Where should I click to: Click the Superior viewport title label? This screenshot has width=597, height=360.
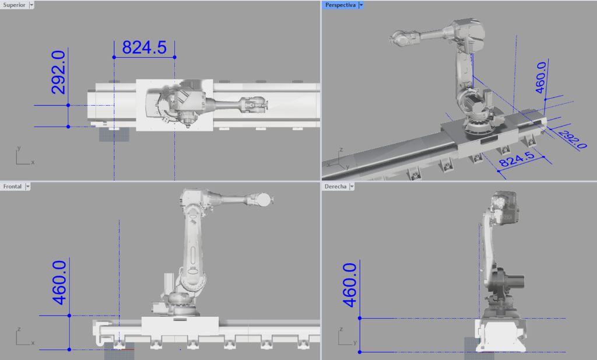click(x=13, y=5)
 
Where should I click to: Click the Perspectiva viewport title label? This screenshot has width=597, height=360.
click(x=341, y=5)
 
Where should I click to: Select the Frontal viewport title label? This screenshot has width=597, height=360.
click(x=12, y=187)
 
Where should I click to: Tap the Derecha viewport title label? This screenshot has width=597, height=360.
click(x=336, y=187)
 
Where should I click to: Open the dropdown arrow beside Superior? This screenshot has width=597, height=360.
click(x=31, y=5)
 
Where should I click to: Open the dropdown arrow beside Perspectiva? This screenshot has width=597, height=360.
click(x=361, y=5)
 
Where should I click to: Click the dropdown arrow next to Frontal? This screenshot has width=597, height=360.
click(x=27, y=187)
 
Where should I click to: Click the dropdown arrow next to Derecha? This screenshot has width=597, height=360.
click(x=352, y=187)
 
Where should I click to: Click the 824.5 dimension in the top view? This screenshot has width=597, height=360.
click(x=144, y=48)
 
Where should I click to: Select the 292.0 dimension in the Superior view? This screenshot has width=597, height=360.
click(x=58, y=72)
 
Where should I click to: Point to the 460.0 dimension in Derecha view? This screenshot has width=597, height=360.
click(x=349, y=285)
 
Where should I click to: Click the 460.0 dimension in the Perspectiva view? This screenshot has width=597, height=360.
click(x=540, y=78)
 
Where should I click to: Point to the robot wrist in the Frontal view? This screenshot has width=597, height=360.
click(x=262, y=199)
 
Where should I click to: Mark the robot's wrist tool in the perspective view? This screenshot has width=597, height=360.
click(x=401, y=38)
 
